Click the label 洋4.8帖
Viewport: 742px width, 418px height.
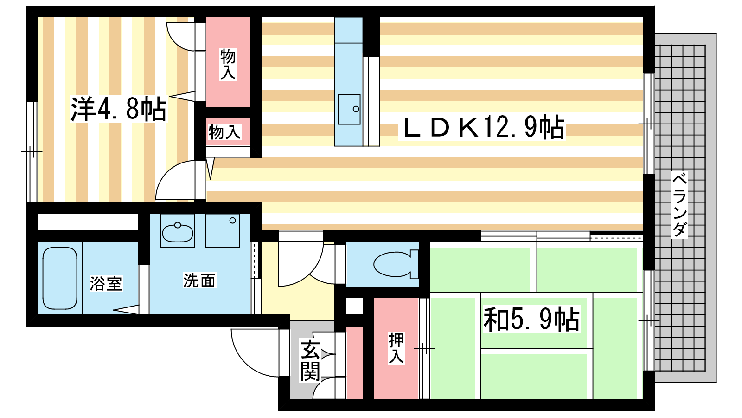pos(118,109)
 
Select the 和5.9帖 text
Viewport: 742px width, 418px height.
pos(531,320)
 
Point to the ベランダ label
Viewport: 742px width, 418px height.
pos(679,205)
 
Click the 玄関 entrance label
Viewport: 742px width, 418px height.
pos(310,360)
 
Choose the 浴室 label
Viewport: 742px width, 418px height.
pos(106,283)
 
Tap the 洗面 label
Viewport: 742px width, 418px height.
pos(199,281)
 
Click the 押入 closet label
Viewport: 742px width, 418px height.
pos(396,348)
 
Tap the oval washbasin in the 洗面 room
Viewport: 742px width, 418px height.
pos(178,232)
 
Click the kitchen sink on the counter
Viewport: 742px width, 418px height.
pos(349,110)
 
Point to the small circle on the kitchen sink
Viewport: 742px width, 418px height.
pos(356,109)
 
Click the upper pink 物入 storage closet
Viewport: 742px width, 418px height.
pos(228,62)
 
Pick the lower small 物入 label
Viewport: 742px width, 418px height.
pos(224,132)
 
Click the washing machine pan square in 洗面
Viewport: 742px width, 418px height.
pos(223,230)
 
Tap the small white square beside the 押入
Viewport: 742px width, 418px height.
pos(354,306)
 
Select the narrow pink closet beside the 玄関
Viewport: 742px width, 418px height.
pos(354,363)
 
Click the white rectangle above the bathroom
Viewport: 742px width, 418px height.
pos(88,222)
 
